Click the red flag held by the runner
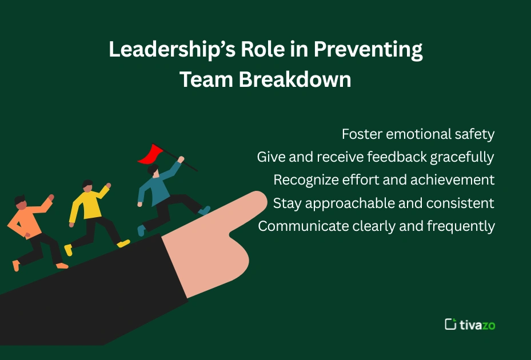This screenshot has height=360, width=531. [150, 153]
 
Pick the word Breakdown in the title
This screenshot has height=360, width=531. [295, 80]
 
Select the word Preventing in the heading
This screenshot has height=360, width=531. [368, 50]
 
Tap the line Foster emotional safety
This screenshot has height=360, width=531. [418, 134]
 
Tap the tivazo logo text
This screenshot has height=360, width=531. [477, 325]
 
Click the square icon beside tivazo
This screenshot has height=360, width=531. [450, 324]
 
